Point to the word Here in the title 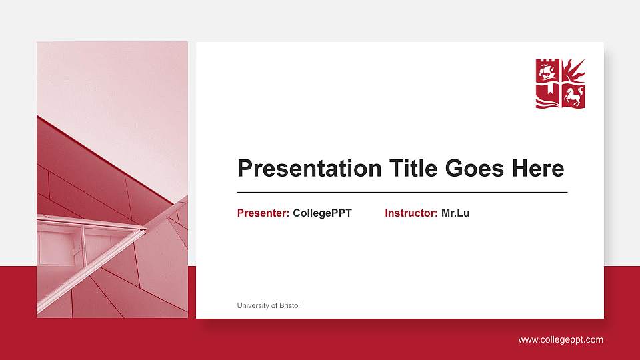click(538, 169)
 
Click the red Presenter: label click(263, 213)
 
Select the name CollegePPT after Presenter click(322, 213)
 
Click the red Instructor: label click(411, 213)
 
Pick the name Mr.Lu click(455, 213)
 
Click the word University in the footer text click(253, 306)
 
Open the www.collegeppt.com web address click(561, 340)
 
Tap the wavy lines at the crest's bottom click(547, 103)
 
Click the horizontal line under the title click(402, 192)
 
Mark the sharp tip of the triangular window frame click(145, 229)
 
